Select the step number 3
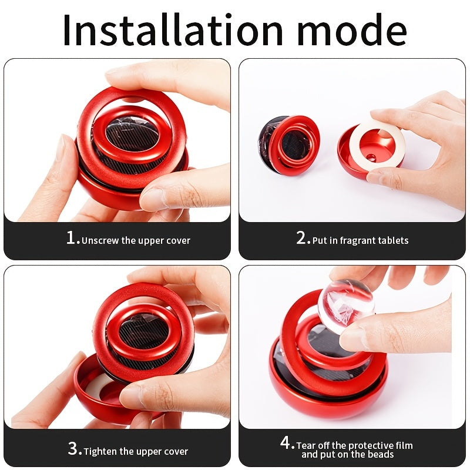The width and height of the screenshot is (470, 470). click(x=74, y=449)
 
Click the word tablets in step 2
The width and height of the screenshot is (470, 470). click(x=392, y=240)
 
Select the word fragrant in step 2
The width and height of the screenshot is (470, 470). click(x=355, y=240)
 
